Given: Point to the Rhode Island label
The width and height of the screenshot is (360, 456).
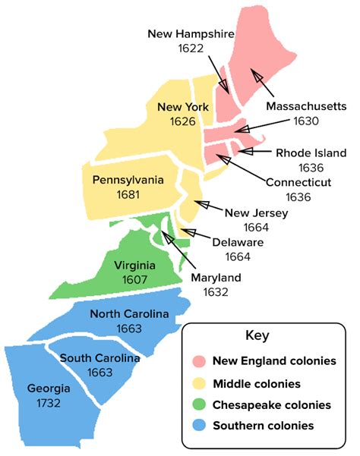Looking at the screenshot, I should pos(311,153).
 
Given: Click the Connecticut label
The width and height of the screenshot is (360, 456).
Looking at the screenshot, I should pos(298,182).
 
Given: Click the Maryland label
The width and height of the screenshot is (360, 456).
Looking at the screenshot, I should pos(215,277).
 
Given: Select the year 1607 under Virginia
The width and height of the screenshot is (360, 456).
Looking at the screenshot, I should pos(134,279).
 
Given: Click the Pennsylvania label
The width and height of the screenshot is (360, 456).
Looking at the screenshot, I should pos(128,180).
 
